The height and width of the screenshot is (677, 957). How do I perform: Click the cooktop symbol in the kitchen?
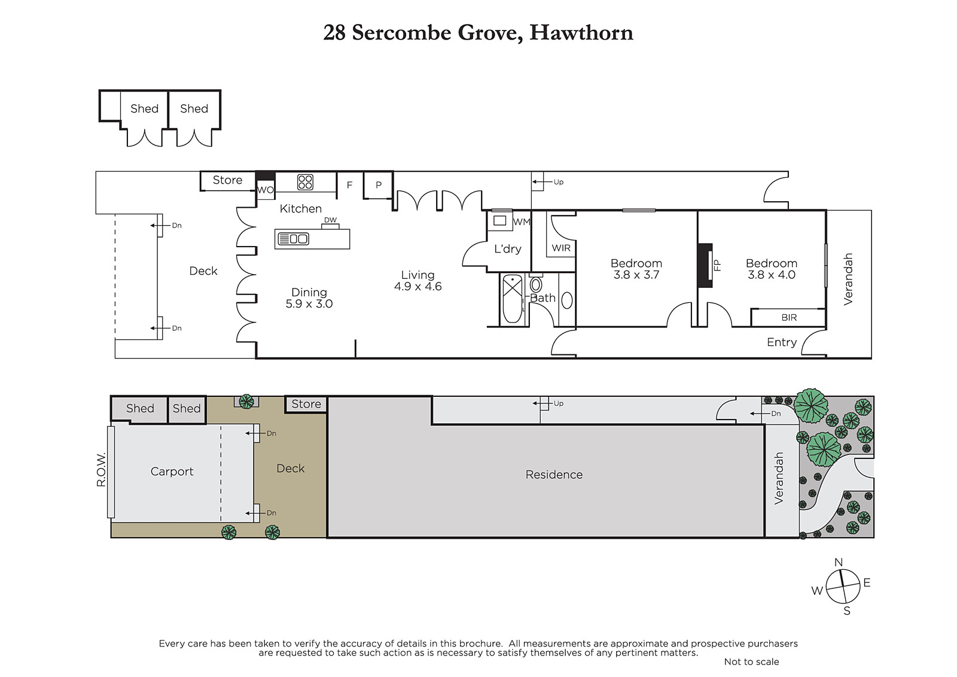click(x=305, y=182)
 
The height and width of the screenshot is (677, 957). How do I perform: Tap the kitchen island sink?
click(x=293, y=239)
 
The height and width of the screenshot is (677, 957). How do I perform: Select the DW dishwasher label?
click(x=330, y=220)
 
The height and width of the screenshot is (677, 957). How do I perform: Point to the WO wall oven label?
click(x=266, y=190)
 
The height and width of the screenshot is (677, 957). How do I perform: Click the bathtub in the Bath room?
click(x=512, y=299)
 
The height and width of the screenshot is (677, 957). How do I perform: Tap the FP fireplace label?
click(x=717, y=266)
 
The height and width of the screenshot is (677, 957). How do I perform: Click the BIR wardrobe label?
click(x=789, y=317)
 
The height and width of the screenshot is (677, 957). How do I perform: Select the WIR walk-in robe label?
click(x=561, y=248)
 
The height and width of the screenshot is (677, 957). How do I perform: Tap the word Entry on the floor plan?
click(x=782, y=342)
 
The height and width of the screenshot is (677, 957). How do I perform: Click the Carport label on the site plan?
click(x=172, y=471)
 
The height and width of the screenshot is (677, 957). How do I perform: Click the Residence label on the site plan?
click(x=554, y=474)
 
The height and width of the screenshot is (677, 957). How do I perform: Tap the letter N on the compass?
click(x=838, y=562)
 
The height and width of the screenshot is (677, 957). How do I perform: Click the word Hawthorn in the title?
click(x=581, y=32)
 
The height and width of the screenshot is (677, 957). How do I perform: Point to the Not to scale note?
click(x=751, y=661)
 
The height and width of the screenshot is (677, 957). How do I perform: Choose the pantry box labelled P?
click(x=378, y=185)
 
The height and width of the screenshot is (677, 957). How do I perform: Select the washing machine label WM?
click(x=521, y=221)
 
